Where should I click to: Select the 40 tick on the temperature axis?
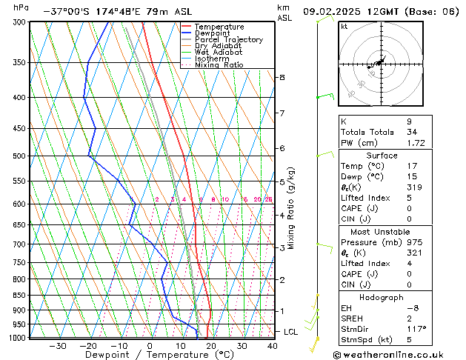(x=273, y=346)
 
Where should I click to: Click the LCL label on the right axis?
(x=290, y=332)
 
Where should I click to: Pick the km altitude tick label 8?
(x=282, y=77)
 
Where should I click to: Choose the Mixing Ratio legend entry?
(x=219, y=65)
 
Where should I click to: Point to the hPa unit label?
(x=21, y=7)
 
